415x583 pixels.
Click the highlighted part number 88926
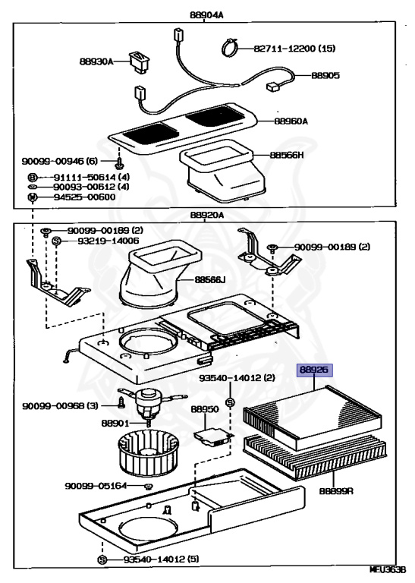[x=314, y=370]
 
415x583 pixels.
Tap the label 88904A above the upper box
[x=206, y=15]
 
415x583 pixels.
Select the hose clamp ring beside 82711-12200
[x=230, y=48]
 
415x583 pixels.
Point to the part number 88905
[x=325, y=75]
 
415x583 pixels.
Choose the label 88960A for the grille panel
[x=291, y=121]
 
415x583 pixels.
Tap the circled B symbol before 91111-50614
[x=33, y=178]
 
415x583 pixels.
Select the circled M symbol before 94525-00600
[x=33, y=197]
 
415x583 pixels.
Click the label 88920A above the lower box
[x=207, y=215]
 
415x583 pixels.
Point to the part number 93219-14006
[x=108, y=241]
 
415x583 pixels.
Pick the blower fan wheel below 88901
[x=148, y=452]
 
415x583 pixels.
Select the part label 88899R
[x=336, y=491]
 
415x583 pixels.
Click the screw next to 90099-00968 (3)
[x=121, y=402]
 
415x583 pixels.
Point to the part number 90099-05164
[x=96, y=486]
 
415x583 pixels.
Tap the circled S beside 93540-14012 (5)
[x=102, y=559]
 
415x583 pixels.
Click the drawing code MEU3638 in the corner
[x=391, y=579]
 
